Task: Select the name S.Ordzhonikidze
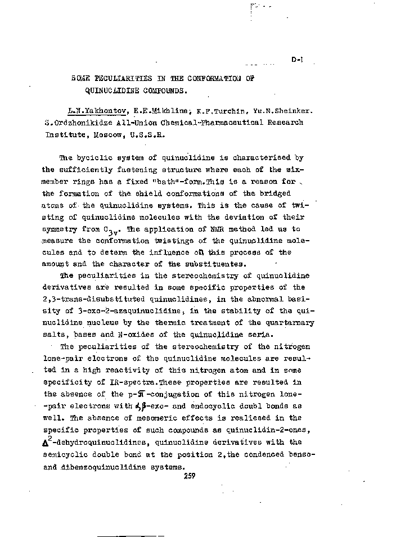click(79, 122)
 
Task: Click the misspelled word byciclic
click(96, 157)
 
